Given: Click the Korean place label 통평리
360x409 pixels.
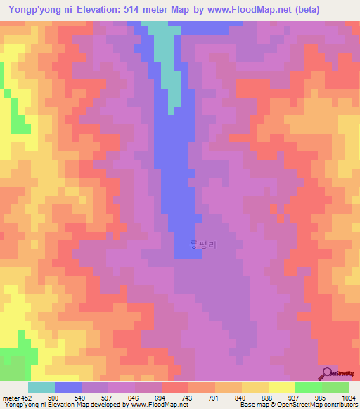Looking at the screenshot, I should point(203,245).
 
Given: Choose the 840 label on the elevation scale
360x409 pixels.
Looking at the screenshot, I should point(241,397).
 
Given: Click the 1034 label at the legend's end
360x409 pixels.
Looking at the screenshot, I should point(347,397).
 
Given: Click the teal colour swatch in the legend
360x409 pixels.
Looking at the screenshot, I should point(41,387).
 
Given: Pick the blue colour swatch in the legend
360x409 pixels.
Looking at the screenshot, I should point(68,387).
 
